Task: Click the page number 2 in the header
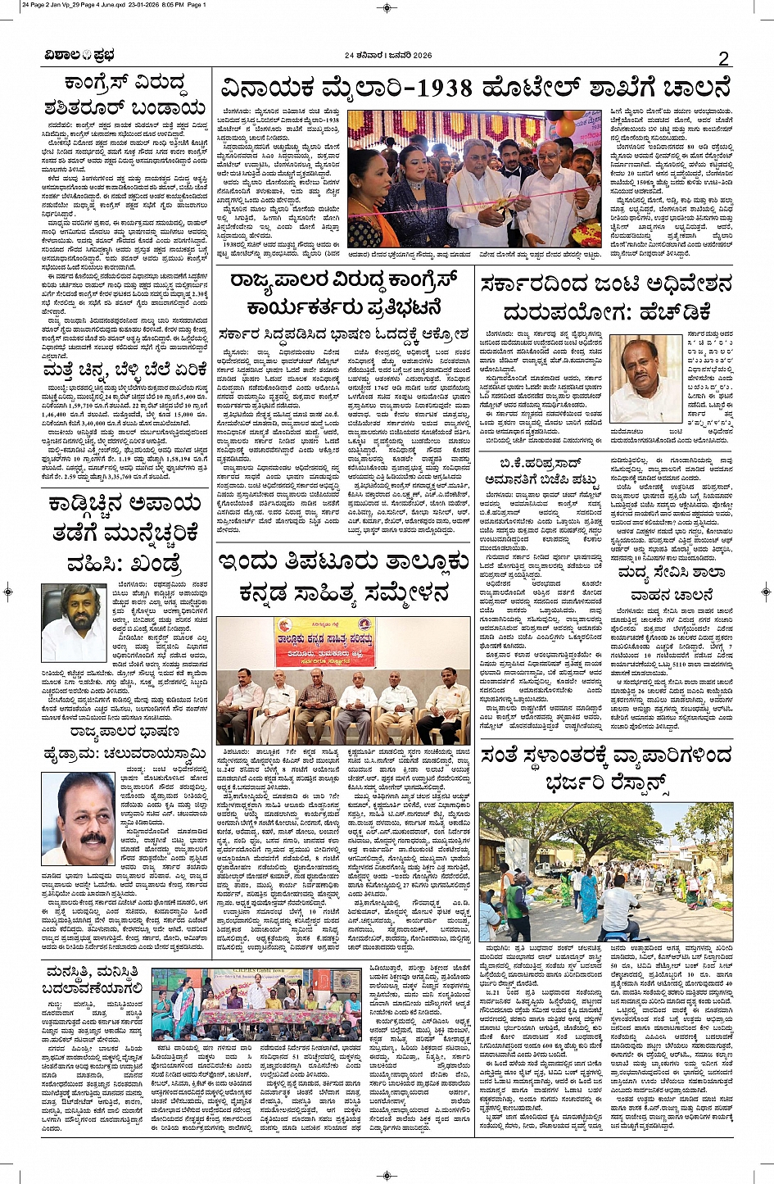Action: (723, 58)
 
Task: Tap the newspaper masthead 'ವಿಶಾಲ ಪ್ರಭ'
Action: (79, 56)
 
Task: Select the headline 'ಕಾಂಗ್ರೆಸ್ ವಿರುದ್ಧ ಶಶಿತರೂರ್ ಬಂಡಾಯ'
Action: (125, 95)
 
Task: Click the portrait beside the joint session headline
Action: (645, 380)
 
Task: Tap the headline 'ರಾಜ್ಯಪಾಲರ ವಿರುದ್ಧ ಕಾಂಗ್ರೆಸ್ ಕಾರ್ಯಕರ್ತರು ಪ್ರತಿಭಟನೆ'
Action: (343, 295)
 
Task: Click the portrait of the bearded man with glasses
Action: (73, 624)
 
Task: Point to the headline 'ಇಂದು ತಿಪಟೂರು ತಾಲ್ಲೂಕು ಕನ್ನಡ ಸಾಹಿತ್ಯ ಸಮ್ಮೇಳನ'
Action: (343, 577)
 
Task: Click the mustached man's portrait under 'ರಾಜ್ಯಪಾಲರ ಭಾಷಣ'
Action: (78, 820)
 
